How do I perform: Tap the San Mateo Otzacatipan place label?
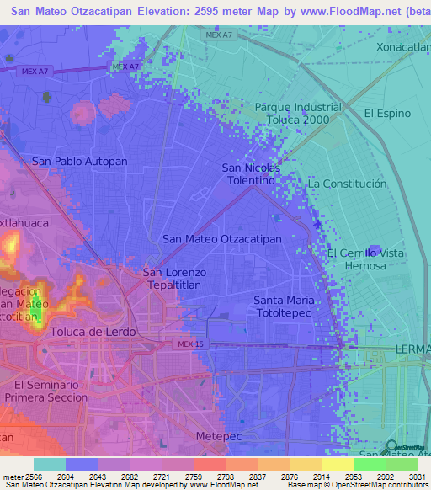pyautogui.click(x=221, y=238)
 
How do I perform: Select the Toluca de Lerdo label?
pyautogui.click(x=92, y=332)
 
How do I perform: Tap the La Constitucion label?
pyautogui.click(x=347, y=184)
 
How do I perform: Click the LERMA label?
pyautogui.click(x=412, y=349)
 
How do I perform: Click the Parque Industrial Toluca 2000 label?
pyautogui.click(x=298, y=113)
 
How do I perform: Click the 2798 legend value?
pyautogui.click(x=223, y=477)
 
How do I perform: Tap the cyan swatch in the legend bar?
pyautogui.click(x=49, y=464)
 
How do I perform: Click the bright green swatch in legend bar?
pyautogui.click(x=369, y=464)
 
